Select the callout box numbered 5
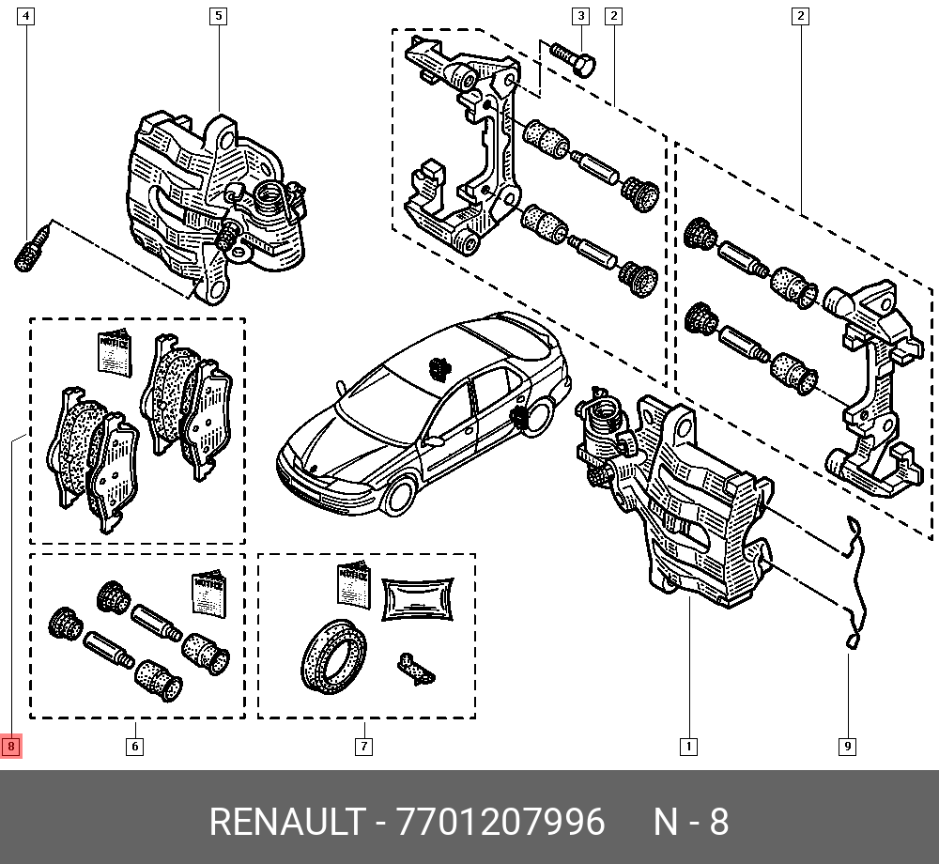(218, 16)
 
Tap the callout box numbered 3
(580, 16)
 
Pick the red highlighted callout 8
(10, 747)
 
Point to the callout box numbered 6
(134, 747)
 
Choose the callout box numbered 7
(363, 747)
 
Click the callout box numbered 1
(688, 747)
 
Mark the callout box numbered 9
(847, 747)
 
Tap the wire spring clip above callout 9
(854, 582)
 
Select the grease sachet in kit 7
(418, 598)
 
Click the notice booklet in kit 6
(208, 594)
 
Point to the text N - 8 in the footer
(690, 823)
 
